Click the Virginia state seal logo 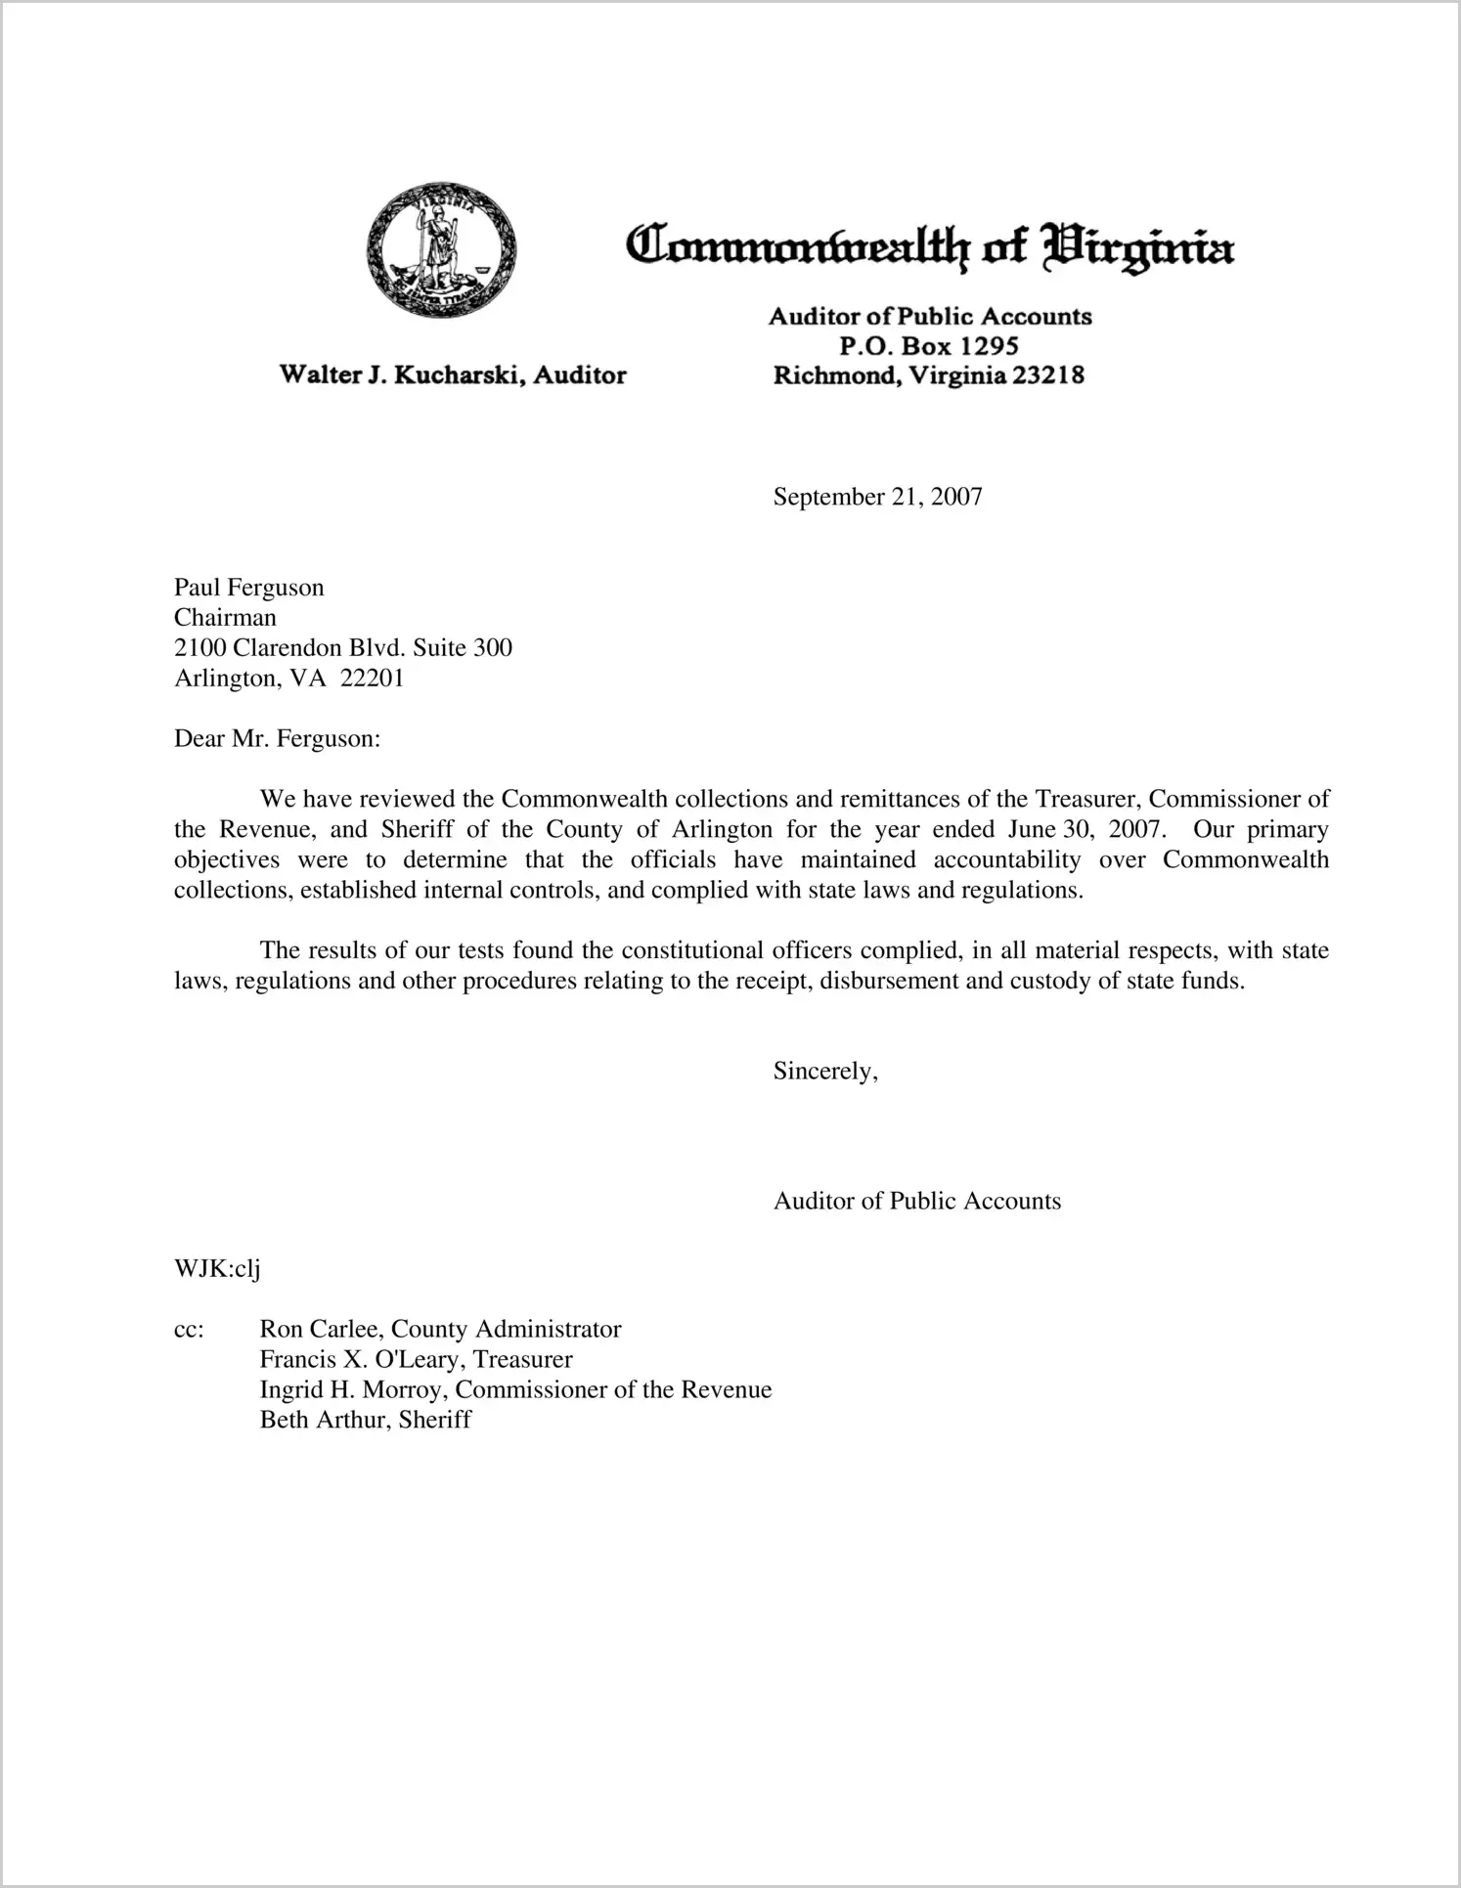tap(440, 249)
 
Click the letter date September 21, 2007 tap(877, 497)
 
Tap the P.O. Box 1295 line tap(928, 346)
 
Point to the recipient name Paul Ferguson tap(248, 588)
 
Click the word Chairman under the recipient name tap(225, 618)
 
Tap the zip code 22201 tap(372, 679)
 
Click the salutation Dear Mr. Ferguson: tap(277, 739)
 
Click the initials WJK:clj tap(216, 1269)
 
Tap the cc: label tap(189, 1330)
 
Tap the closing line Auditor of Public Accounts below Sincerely tap(916, 1202)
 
